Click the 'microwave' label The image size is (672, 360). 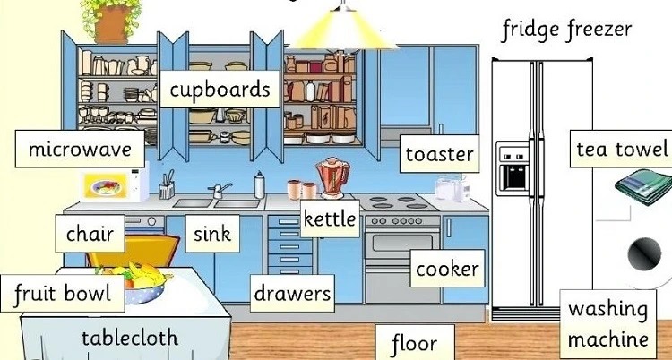(x=80, y=150)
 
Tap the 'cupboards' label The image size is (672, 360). (x=220, y=90)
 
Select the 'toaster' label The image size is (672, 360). (x=440, y=154)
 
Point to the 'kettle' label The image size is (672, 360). (x=330, y=219)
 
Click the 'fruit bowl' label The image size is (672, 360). (x=63, y=294)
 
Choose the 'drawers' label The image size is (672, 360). (x=292, y=294)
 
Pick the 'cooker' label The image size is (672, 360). (x=447, y=269)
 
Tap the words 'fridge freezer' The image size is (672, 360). (x=567, y=30)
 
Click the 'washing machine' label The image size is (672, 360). (x=608, y=324)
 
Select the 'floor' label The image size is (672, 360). (x=415, y=342)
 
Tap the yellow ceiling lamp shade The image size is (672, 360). (x=343, y=30)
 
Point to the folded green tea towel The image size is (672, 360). (x=644, y=186)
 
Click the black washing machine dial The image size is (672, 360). (x=644, y=253)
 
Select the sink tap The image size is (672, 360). (x=220, y=191)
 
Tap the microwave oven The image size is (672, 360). (x=115, y=185)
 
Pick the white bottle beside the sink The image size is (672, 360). (x=259, y=184)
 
